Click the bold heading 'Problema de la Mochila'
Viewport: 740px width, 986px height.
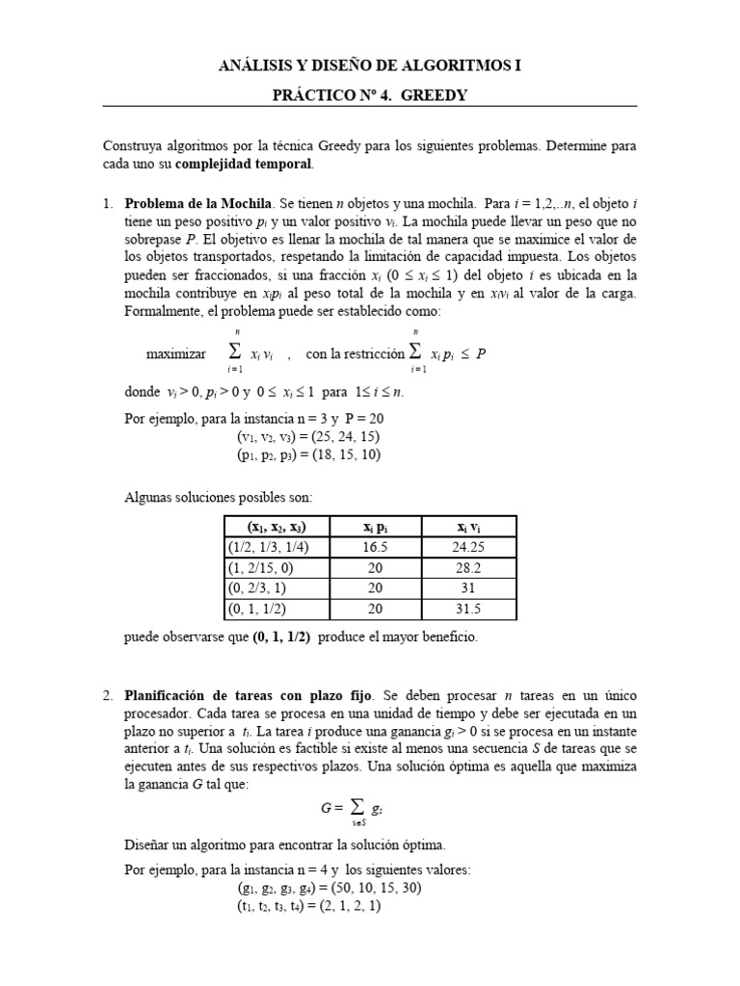pyautogui.click(x=198, y=204)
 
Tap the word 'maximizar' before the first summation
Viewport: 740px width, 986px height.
pyautogui.click(x=176, y=353)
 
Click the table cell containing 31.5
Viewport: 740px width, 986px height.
pyautogui.click(x=467, y=609)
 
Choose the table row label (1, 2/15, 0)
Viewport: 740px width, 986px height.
pyautogui.click(x=262, y=567)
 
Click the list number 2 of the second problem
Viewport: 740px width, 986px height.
pyautogui.click(x=108, y=694)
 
